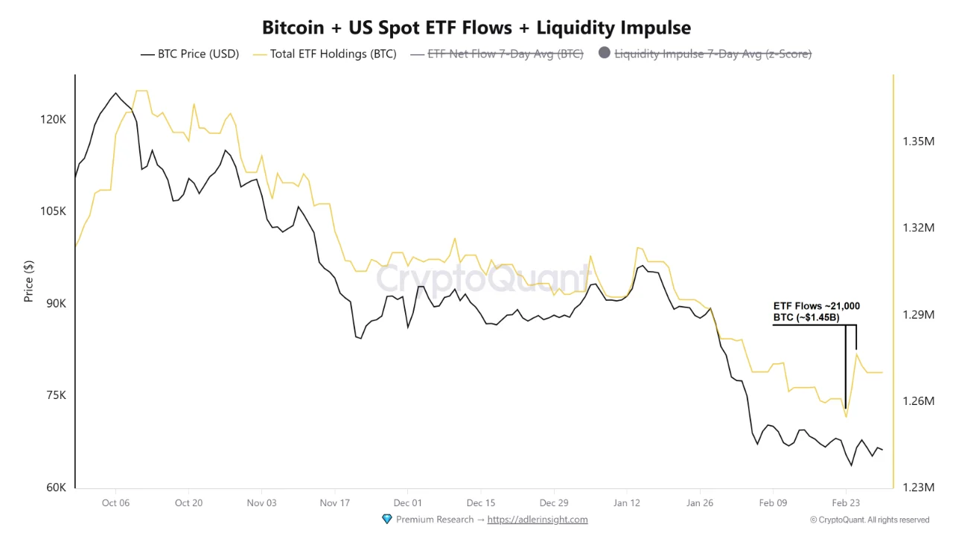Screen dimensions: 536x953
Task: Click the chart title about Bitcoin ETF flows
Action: (476, 28)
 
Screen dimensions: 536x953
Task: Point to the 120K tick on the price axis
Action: (54, 119)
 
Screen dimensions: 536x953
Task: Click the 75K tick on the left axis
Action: (55, 395)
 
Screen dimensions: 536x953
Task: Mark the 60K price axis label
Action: (55, 488)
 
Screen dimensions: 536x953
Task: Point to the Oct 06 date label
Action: (115, 503)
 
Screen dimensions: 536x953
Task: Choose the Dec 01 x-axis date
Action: (407, 503)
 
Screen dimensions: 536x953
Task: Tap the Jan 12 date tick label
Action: (626, 503)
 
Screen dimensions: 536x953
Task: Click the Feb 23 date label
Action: (845, 503)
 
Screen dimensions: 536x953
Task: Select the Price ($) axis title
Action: (29, 281)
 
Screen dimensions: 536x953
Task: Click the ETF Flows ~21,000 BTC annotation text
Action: (817, 312)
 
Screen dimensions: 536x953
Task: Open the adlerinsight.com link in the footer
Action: (538, 520)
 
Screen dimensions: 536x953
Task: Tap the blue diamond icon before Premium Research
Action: (386, 519)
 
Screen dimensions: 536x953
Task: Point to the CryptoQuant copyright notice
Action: (870, 520)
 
